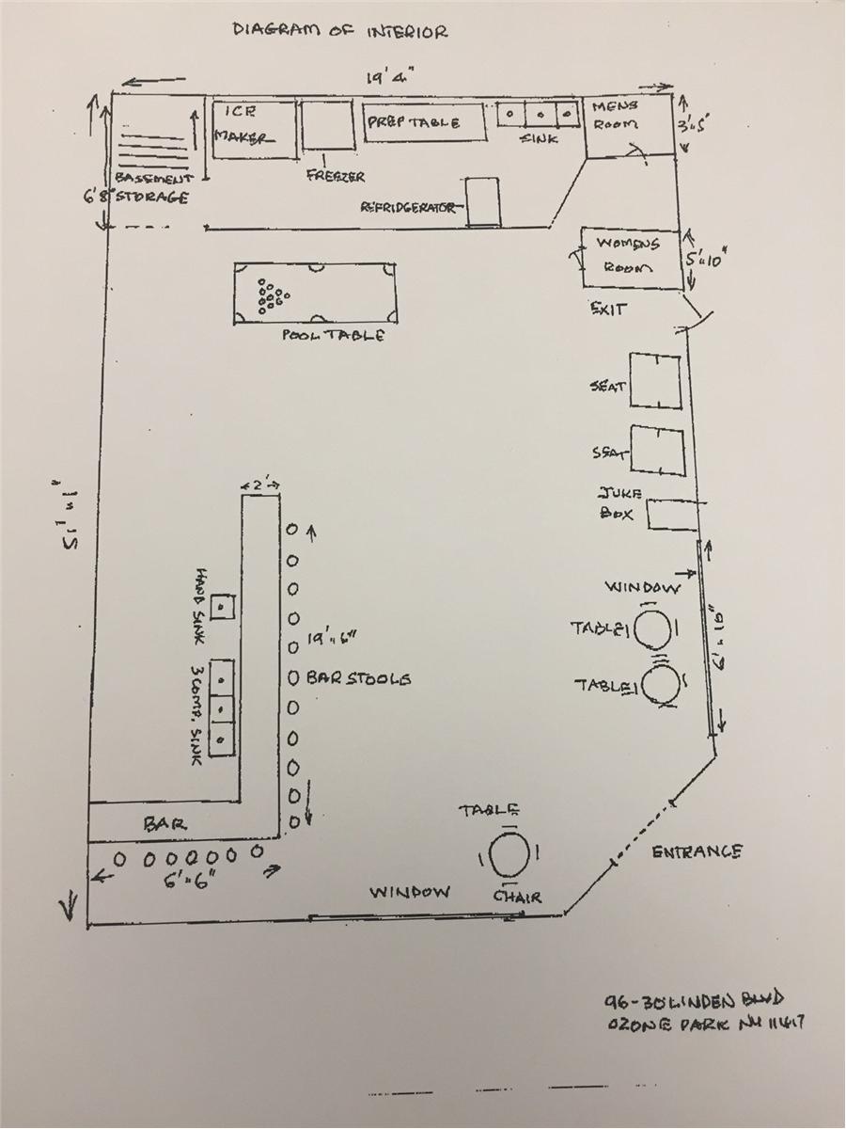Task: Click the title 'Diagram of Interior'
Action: (340, 31)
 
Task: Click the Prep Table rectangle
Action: (427, 122)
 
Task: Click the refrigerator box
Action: (484, 202)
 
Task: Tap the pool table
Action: (316, 293)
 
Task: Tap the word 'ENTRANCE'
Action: (697, 851)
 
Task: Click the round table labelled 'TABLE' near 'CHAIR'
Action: (509, 856)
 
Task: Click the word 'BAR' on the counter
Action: (164, 823)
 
